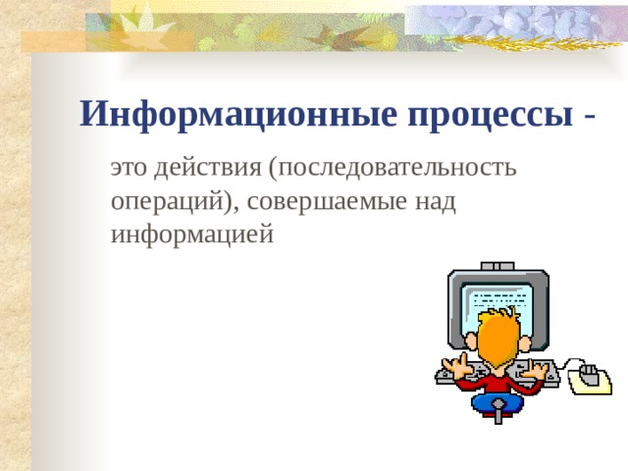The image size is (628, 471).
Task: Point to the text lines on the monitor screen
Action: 500,300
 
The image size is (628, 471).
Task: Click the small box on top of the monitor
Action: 497,266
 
